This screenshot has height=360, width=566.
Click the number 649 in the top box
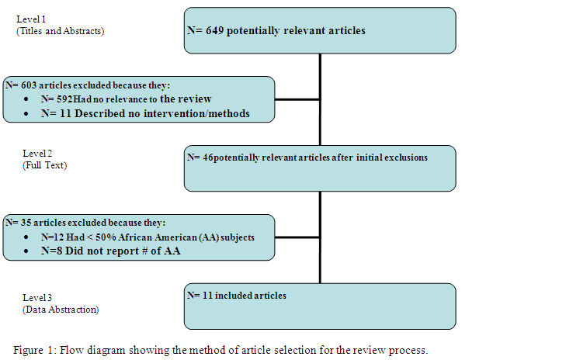pyautogui.click(x=215, y=31)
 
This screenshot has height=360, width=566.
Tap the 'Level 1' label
pyautogui.click(x=31, y=19)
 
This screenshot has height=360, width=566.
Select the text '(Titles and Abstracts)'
pyautogui.click(x=61, y=31)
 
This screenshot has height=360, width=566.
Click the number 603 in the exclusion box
pyautogui.click(x=29, y=85)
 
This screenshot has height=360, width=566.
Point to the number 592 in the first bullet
pyautogui.click(x=64, y=99)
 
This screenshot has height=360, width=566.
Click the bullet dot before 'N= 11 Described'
pyautogui.click(x=26, y=113)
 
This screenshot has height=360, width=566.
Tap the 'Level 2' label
pyautogui.click(x=37, y=154)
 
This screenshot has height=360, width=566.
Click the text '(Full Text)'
pyautogui.click(x=45, y=165)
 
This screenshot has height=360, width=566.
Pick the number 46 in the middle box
pyautogui.click(x=208, y=157)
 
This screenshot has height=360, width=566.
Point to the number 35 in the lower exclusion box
pyautogui.click(x=26, y=223)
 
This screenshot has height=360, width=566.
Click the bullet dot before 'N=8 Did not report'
pyautogui.click(x=26, y=251)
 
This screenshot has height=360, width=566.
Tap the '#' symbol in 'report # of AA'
pyautogui.click(x=144, y=251)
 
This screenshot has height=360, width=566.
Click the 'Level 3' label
pyautogui.click(x=37, y=298)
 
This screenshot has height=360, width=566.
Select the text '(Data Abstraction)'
pyautogui.click(x=61, y=310)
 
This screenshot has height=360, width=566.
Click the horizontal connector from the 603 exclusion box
pyautogui.click(x=297, y=99)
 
